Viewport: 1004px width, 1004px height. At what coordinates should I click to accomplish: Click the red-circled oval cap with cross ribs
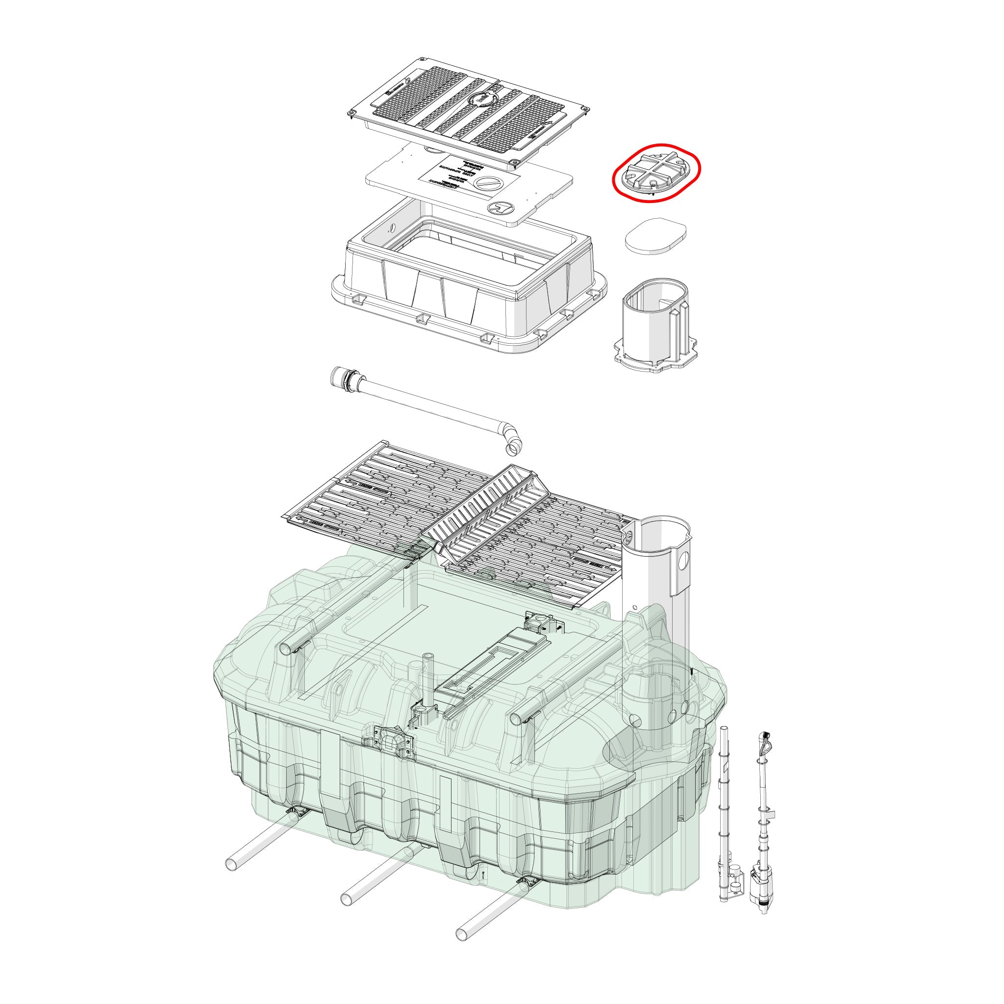(655, 171)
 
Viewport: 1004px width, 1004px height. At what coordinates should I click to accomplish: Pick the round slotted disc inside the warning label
(487, 184)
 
